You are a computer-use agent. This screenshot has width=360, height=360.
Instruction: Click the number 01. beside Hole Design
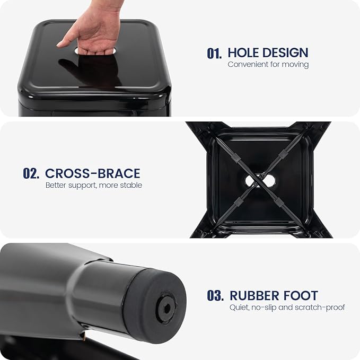214,53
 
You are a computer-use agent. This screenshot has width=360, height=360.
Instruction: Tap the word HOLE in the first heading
243,52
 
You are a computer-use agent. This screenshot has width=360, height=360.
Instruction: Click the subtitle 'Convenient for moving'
268,64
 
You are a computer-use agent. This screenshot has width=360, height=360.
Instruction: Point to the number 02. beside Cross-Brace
31,173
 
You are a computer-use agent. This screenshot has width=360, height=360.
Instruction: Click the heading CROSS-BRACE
93,173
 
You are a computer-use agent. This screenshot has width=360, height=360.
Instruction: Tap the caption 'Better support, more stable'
94,185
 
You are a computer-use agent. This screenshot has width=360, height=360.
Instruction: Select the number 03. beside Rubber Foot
215,295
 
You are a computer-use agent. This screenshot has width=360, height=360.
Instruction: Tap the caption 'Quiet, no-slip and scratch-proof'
287,308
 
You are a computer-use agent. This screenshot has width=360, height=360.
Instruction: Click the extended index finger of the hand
65,41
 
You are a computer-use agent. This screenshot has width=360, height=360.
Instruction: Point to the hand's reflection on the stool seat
91,70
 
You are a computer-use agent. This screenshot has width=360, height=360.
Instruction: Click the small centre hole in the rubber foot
167,309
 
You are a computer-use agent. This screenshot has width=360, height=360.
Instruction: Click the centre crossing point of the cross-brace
260,181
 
